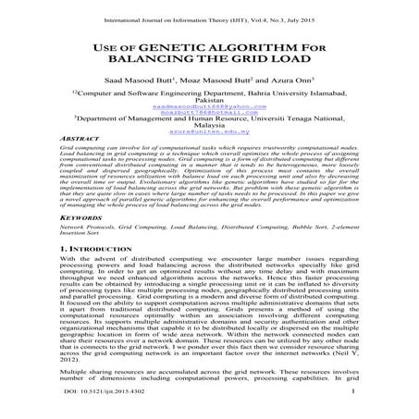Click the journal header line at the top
(x=209, y=14)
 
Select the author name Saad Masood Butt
(x=147, y=80)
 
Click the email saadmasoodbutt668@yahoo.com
(x=209, y=107)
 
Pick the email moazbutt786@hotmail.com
(x=209, y=114)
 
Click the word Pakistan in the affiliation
(x=209, y=101)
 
